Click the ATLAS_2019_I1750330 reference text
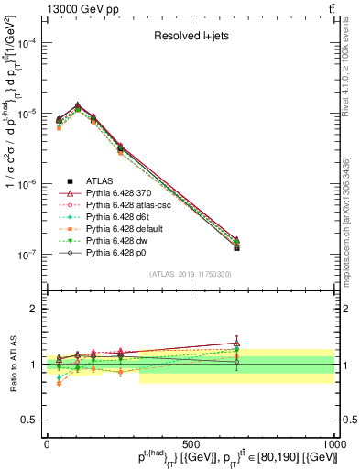191,274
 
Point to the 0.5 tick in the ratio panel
30,420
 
